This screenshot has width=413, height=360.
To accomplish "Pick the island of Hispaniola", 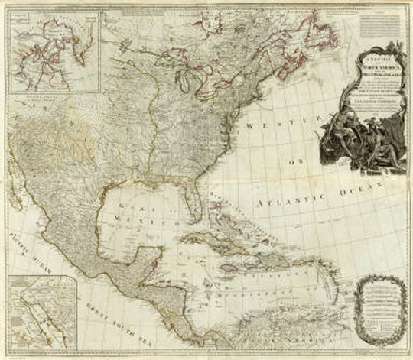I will [261, 251].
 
